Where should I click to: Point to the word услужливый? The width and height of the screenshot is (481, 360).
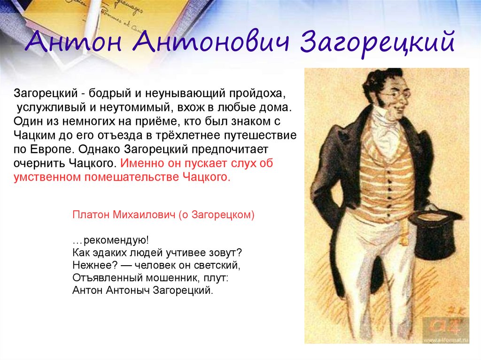(x=51, y=107)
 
